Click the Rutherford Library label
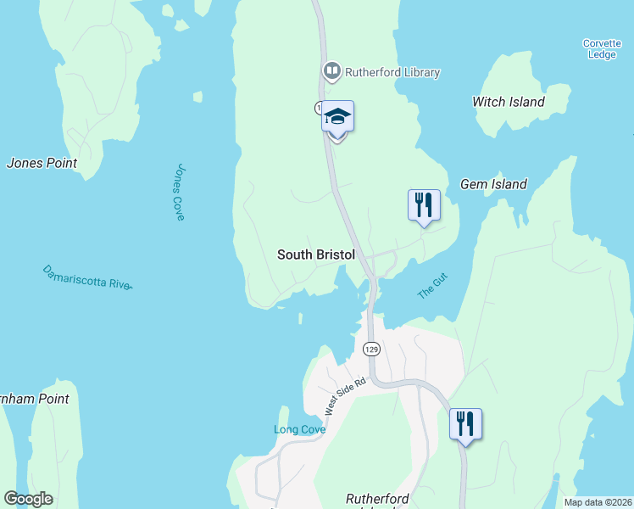click(x=392, y=72)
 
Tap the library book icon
click(x=332, y=71)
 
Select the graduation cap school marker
click(x=337, y=116)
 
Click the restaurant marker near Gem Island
click(x=424, y=204)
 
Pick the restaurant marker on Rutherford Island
click(x=465, y=423)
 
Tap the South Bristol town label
click(x=314, y=255)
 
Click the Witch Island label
click(x=509, y=102)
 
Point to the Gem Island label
click(x=493, y=184)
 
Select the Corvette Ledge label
click(x=602, y=49)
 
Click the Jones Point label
click(x=42, y=163)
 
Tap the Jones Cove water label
click(x=179, y=193)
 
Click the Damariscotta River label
click(x=87, y=277)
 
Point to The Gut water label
click(x=432, y=285)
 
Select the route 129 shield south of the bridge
click(x=370, y=349)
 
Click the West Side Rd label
click(x=344, y=394)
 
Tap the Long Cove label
click(x=298, y=429)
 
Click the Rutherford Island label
click(x=378, y=500)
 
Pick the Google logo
click(x=28, y=499)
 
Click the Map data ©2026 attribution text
click(x=598, y=502)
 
